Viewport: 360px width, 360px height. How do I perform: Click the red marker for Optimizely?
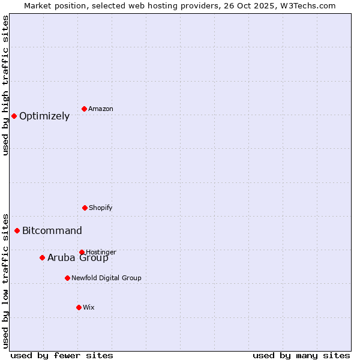pos(14,116)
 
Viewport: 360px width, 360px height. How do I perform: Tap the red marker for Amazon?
pos(85,109)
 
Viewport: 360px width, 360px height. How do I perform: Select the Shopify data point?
pos(85,208)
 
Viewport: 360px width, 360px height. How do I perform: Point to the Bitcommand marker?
pos(17,230)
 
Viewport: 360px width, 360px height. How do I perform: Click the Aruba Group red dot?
pos(42,257)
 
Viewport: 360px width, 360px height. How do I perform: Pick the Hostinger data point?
pos(82,252)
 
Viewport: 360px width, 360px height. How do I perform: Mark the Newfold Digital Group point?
pos(67,278)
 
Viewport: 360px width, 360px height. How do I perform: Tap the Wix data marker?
pos(79,307)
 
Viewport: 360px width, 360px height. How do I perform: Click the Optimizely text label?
pos(44,116)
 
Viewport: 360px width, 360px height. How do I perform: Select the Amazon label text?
pos(101,109)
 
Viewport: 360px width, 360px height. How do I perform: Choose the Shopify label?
pos(101,208)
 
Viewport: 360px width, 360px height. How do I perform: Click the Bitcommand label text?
pos(52,231)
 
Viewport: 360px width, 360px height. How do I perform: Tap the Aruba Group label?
pos(78,258)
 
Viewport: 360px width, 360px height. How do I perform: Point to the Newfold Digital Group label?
pos(107,278)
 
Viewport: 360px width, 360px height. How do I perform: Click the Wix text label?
pos(89,308)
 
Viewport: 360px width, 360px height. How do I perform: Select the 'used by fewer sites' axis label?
pos(62,355)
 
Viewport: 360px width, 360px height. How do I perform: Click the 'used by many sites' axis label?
pos(301,355)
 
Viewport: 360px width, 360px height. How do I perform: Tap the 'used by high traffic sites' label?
pos(5,85)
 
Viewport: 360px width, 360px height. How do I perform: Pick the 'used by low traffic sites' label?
pos(5,281)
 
